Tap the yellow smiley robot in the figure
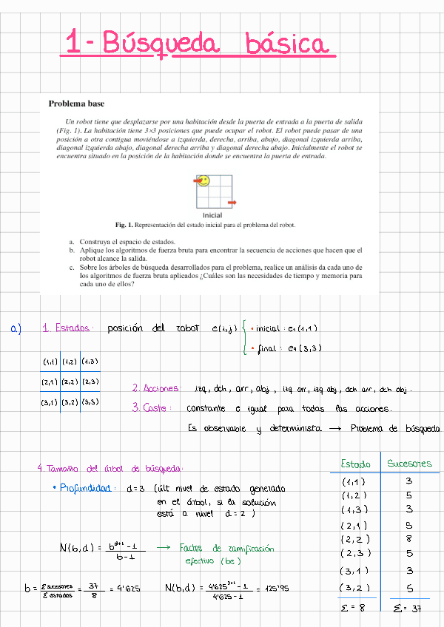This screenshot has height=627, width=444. click(203, 180)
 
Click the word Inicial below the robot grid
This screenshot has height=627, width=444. click(212, 215)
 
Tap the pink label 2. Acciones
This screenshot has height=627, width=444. click(156, 388)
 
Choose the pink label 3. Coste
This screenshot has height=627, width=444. click(152, 407)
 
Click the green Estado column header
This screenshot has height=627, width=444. click(355, 464)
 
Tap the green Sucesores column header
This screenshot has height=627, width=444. click(409, 464)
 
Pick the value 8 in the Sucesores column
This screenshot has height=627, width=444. click(408, 539)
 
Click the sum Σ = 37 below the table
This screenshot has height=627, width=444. click(408, 608)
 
